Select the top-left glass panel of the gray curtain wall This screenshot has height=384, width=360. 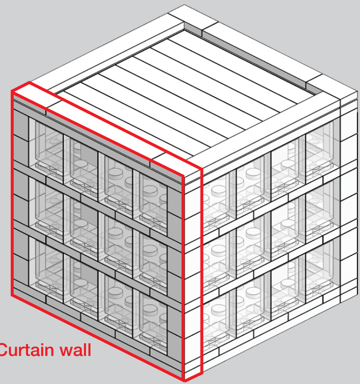(x=46, y=147)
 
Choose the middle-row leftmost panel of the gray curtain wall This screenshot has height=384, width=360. (x=46, y=207)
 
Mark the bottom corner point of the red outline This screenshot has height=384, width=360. (x=184, y=381)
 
